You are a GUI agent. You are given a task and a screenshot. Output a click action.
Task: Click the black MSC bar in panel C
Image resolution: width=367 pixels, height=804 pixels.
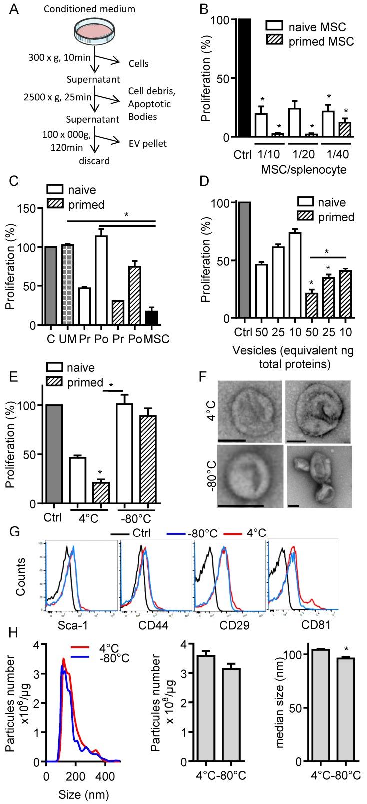[152, 317]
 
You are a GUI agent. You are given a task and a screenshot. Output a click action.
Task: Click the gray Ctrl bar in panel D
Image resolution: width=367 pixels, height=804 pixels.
[245, 260]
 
